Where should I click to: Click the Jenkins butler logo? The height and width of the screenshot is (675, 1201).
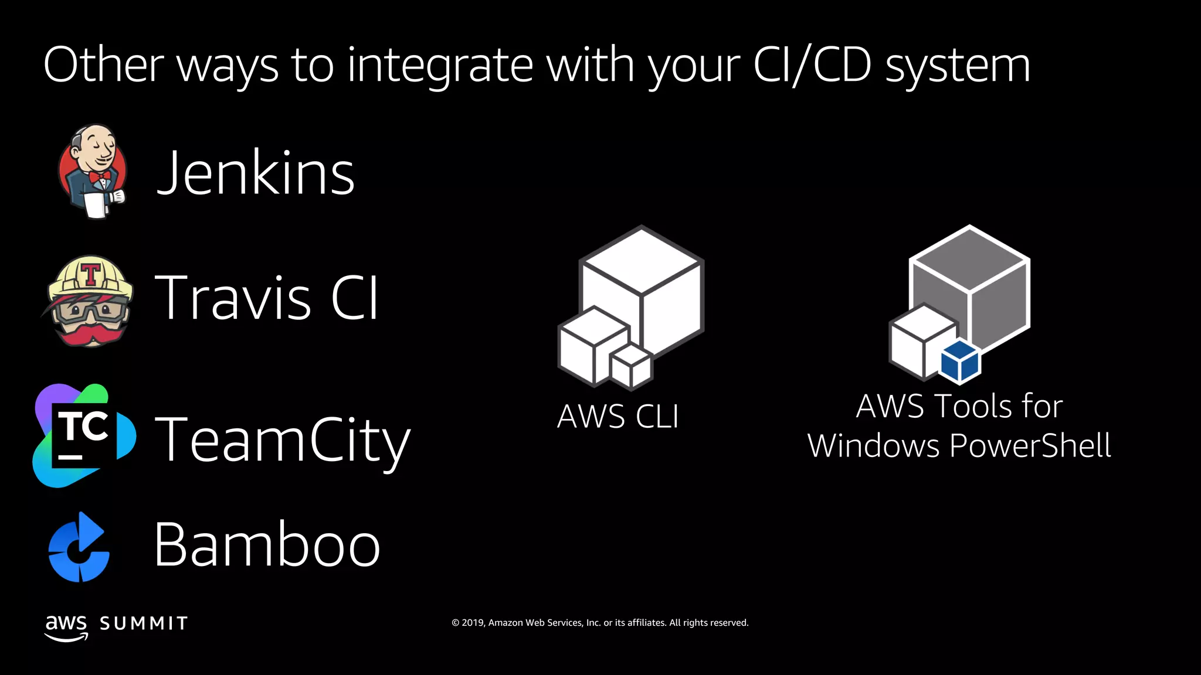pos(93,171)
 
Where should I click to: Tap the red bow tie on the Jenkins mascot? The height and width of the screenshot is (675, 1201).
pos(100,176)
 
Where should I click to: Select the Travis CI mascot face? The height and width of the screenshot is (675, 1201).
pos(90,301)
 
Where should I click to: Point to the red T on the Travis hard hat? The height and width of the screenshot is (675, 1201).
pos(91,274)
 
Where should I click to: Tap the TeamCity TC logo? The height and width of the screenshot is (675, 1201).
pos(84,435)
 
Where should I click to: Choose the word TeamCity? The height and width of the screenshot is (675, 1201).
pos(282,439)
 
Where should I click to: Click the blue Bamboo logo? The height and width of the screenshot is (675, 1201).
pos(79,547)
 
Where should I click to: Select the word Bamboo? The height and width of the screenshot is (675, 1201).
pos(267,545)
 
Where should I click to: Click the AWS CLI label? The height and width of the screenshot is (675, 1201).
pos(618,417)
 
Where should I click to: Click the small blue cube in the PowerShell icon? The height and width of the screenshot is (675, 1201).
pos(960,362)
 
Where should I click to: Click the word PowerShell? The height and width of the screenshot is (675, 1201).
pos(1030,445)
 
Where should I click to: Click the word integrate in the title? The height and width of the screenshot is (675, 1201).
pos(440,66)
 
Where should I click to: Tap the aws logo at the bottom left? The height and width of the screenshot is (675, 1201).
pos(66,626)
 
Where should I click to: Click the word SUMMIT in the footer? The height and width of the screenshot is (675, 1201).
pos(144,623)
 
